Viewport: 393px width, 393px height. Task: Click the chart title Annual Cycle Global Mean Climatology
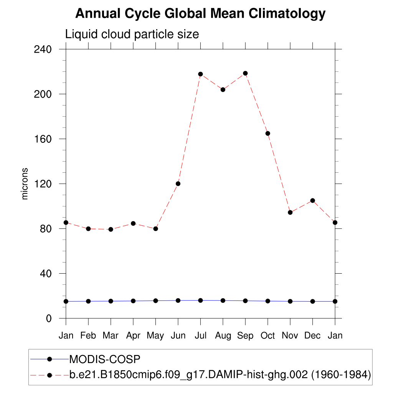click(200, 14)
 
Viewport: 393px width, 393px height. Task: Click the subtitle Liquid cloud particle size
click(132, 35)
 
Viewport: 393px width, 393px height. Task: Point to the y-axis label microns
click(25, 183)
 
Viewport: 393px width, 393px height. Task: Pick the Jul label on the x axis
click(200, 336)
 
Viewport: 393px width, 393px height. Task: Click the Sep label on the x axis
click(245, 336)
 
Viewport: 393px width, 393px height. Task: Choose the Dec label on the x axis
click(312, 336)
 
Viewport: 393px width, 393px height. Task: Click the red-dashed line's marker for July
click(200, 74)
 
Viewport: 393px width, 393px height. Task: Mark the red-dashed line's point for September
click(245, 73)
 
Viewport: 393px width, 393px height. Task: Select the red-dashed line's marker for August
click(223, 89)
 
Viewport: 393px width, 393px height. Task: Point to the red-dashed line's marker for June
click(178, 183)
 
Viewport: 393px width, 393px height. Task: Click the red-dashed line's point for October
click(268, 133)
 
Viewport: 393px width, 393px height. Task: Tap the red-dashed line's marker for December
click(312, 200)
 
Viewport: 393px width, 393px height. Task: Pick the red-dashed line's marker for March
click(111, 230)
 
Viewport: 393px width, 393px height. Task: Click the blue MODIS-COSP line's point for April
click(133, 301)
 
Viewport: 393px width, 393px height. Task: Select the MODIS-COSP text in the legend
click(105, 359)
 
